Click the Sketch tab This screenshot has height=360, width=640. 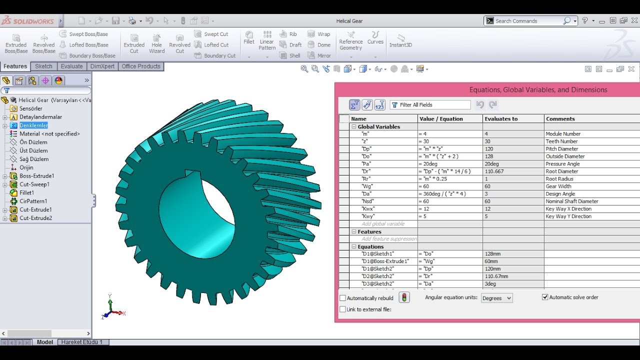click(43, 66)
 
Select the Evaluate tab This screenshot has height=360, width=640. click(71, 66)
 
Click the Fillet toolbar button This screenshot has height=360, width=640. click(249, 37)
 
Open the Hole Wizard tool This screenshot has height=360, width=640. click(156, 43)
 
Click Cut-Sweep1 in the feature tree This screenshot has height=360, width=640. click(34, 184)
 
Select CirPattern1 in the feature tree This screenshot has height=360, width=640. click(33, 201)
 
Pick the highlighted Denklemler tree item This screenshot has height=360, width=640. click(33, 125)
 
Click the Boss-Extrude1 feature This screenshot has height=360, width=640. click(36, 176)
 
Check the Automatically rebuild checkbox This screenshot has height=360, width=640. click(343, 298)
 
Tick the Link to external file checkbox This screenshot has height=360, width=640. click(343, 309)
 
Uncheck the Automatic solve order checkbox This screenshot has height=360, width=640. click(545, 297)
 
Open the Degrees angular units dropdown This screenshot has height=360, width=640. click(496, 298)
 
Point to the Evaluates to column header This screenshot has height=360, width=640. click(500, 119)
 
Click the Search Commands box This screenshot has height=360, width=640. click(527, 21)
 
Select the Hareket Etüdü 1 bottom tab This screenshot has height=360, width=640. click(81, 342)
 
